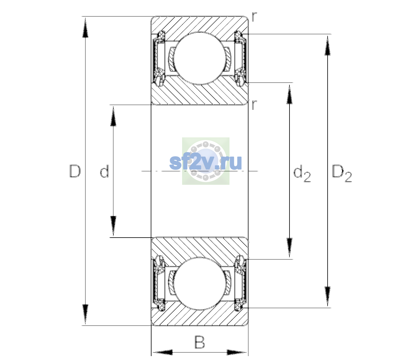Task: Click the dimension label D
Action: (x=75, y=171)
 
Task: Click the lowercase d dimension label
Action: (x=104, y=171)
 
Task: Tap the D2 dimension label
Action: (x=342, y=174)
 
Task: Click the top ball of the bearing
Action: (x=199, y=58)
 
